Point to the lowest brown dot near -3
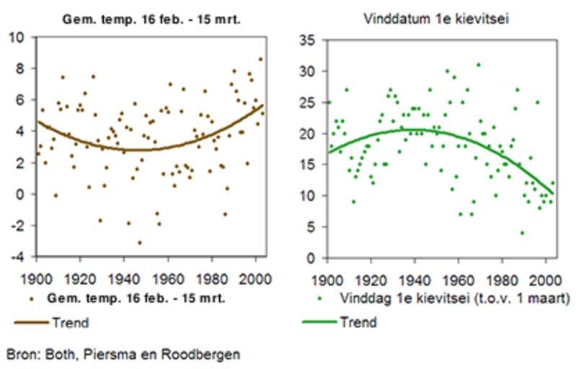tap(140, 242)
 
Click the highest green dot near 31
tap(478, 65)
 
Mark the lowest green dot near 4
tap(522, 233)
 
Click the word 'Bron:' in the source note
tap(21, 355)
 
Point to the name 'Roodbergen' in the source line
tap(206, 355)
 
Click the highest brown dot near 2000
tap(261, 59)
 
